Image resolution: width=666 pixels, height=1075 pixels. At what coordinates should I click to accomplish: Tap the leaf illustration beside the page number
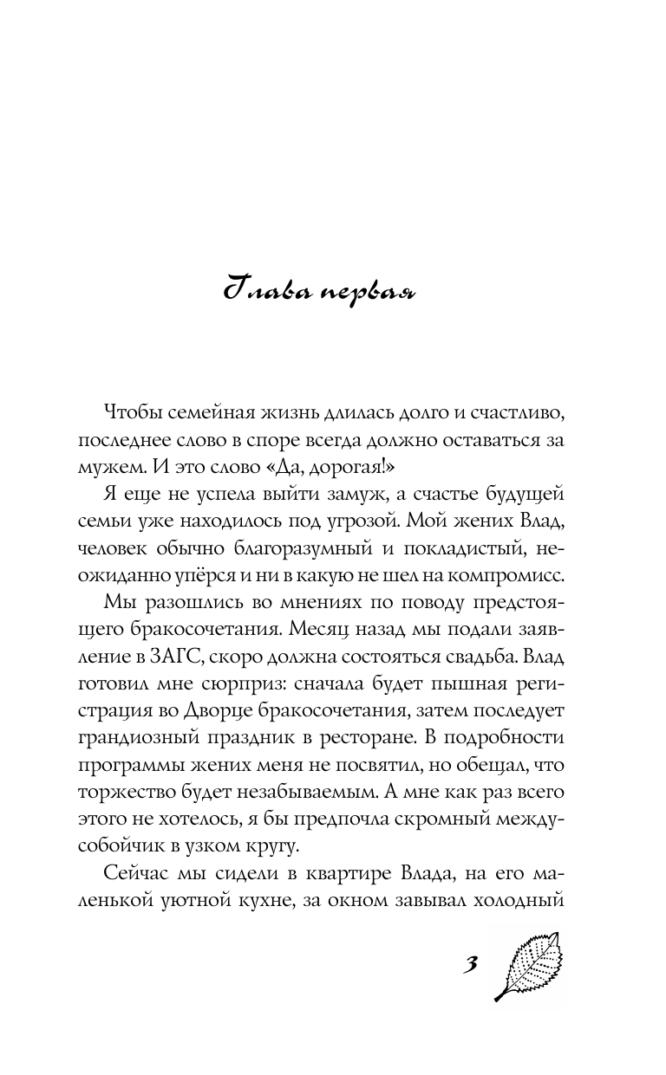(529, 965)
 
